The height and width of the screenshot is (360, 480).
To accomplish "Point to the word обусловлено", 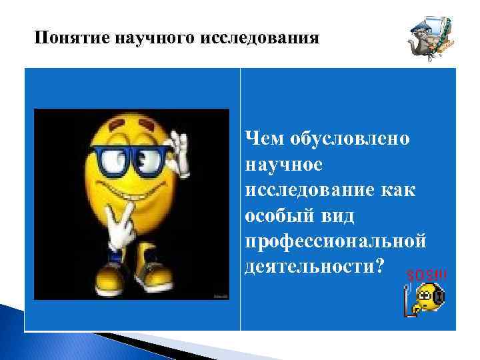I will pyautogui.click(x=351, y=139).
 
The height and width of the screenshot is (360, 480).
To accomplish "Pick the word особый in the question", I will pyautogui.click(x=274, y=218).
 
